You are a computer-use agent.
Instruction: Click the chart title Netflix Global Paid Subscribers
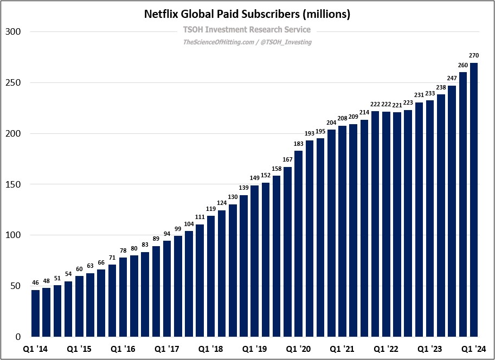click(x=247, y=14)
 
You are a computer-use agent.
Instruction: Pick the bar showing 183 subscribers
click(x=298, y=244)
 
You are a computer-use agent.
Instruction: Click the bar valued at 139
click(x=243, y=266)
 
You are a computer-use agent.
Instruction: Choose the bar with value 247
click(x=452, y=211)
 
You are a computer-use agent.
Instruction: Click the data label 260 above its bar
click(x=462, y=65)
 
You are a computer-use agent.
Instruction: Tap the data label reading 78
click(x=123, y=250)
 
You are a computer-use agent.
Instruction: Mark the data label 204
click(x=331, y=123)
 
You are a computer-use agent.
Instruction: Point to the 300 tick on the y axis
click(x=12, y=32)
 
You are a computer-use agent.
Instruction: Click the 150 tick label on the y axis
click(x=12, y=185)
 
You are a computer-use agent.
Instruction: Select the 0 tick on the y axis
click(x=18, y=337)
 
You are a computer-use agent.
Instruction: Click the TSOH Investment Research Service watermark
click(x=247, y=30)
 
